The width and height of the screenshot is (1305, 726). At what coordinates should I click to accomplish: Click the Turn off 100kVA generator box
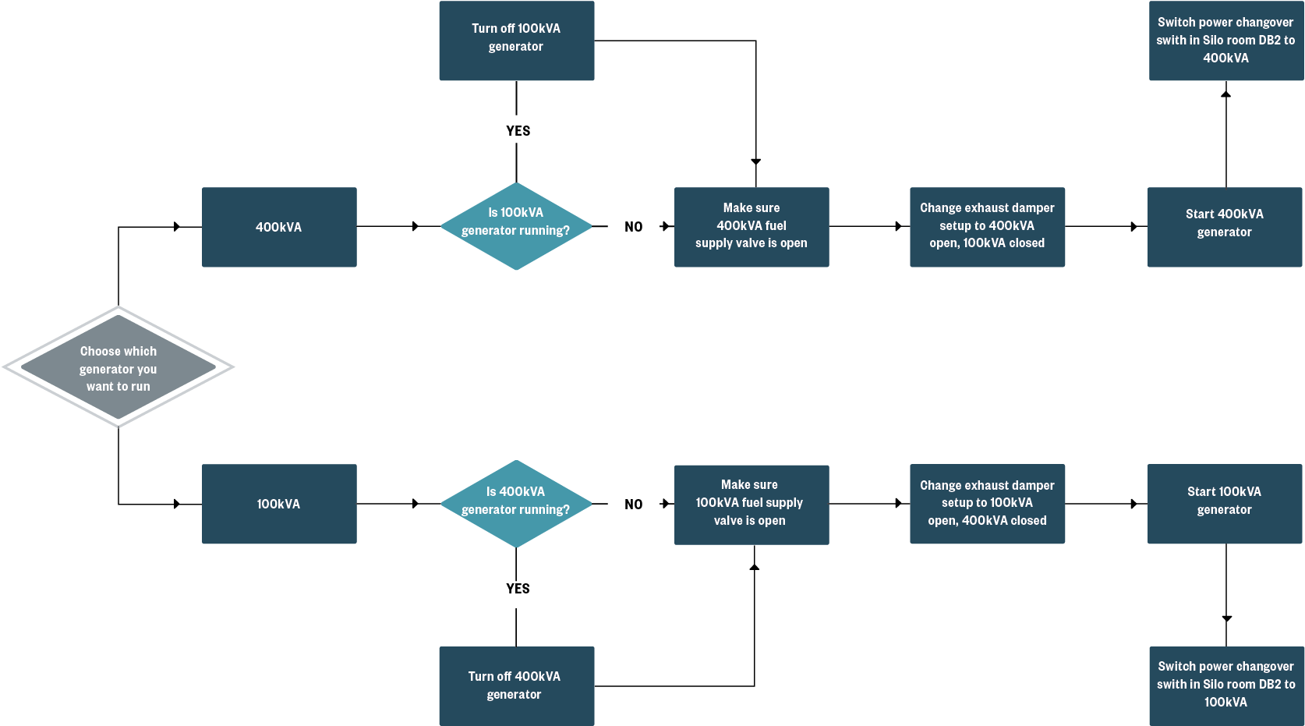pyautogui.click(x=516, y=41)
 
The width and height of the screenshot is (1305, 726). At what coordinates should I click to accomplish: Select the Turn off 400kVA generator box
pyautogui.click(x=516, y=685)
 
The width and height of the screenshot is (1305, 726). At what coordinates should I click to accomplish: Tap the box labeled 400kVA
pyautogui.click(x=279, y=227)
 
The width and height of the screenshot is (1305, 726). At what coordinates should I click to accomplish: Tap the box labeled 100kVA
pyautogui.click(x=279, y=504)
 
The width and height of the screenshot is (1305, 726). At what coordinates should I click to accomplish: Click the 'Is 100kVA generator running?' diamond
pyautogui.click(x=516, y=226)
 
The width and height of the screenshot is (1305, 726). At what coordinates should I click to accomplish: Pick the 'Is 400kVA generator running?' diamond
pyautogui.click(x=516, y=504)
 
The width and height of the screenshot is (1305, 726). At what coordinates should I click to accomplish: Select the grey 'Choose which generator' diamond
pyautogui.click(x=118, y=367)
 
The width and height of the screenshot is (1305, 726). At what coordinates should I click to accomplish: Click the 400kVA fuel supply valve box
pyautogui.click(x=752, y=227)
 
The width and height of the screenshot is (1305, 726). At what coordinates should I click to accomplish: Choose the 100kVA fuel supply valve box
pyautogui.click(x=752, y=505)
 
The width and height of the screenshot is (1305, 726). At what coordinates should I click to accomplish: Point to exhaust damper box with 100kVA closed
pyautogui.click(x=987, y=227)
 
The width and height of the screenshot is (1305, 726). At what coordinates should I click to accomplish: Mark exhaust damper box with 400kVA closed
pyautogui.click(x=987, y=504)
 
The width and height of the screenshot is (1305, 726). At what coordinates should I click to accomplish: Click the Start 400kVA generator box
pyautogui.click(x=1225, y=227)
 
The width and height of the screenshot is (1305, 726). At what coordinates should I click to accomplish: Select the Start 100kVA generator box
pyautogui.click(x=1225, y=504)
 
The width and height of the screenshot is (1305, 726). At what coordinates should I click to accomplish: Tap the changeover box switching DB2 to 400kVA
pyautogui.click(x=1225, y=41)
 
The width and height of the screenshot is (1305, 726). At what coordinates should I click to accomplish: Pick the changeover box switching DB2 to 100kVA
pyautogui.click(x=1225, y=685)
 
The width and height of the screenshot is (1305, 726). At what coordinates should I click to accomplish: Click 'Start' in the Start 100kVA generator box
pyautogui.click(x=1201, y=492)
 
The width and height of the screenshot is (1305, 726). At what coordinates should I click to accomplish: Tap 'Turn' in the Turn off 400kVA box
pyautogui.click(x=480, y=677)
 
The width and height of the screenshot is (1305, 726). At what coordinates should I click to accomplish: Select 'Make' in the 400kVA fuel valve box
pyautogui.click(x=737, y=208)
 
